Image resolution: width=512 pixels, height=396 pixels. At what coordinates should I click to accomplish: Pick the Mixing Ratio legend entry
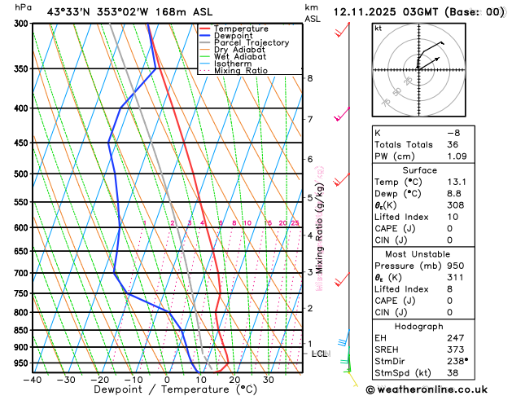coord(241,71)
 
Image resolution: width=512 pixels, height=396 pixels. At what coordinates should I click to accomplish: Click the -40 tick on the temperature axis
coord(33,379)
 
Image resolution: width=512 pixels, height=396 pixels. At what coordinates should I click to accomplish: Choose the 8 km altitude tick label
coord(310,78)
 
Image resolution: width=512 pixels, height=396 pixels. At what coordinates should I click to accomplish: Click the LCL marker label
coord(319,354)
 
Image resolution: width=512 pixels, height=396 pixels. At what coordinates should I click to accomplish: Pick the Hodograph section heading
coord(420,325)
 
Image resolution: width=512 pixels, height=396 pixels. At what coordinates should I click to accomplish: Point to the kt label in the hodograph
coord(378,28)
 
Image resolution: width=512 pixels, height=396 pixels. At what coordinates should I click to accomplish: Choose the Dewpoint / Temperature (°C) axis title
coord(166,390)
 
